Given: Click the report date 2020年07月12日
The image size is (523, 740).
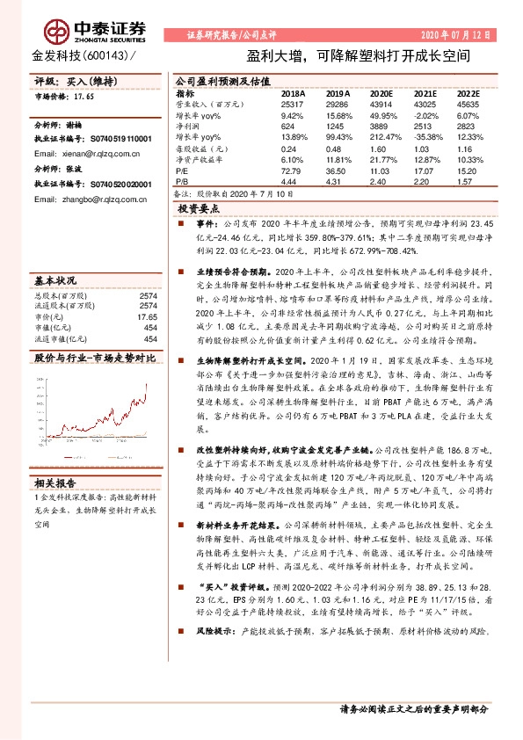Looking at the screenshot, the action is (458, 35).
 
